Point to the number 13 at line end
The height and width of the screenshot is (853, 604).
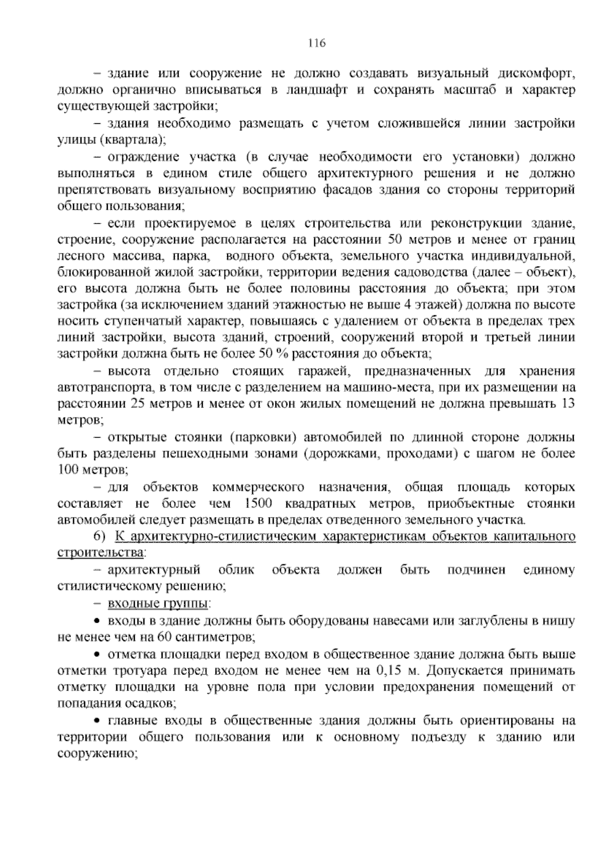coord(568,404)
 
